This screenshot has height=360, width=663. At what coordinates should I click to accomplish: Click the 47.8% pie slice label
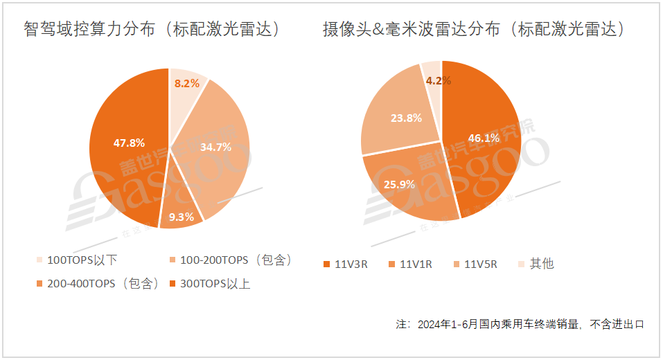(x=129, y=143)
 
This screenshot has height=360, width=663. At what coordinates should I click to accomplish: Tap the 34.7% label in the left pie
(x=215, y=147)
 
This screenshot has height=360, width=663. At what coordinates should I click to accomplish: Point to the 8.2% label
(x=186, y=83)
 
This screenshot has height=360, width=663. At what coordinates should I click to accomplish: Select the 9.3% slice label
(x=181, y=217)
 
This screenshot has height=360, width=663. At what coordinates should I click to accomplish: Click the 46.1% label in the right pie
(x=484, y=138)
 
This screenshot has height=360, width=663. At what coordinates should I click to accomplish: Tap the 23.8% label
(x=405, y=118)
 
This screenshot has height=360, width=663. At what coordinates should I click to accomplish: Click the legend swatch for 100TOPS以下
(x=39, y=261)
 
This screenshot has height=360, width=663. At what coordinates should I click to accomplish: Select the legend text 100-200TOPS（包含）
(x=236, y=260)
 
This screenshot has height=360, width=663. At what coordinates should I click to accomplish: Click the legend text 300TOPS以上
(x=215, y=284)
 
